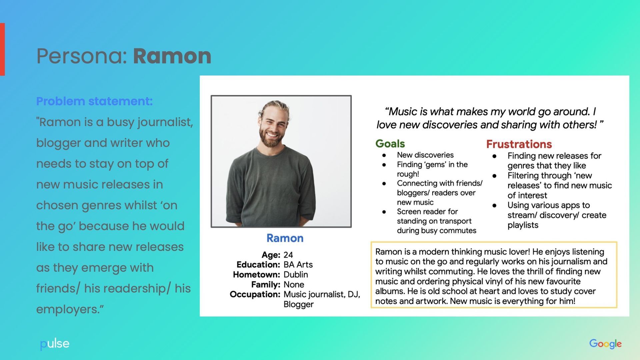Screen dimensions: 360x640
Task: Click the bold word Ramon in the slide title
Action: [x=172, y=56]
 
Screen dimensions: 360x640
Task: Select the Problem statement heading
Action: [x=94, y=101]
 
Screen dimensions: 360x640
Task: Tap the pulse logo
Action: [x=55, y=344]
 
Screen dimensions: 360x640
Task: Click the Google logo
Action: [x=605, y=344]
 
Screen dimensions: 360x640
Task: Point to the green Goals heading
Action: [x=390, y=144]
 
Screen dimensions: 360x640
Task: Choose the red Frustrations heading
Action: [x=519, y=144]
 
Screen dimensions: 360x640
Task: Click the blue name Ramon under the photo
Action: [x=285, y=238]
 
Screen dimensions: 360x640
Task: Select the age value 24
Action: [x=288, y=255]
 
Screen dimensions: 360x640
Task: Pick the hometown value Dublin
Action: [x=295, y=275]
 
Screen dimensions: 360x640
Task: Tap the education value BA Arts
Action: [x=298, y=265]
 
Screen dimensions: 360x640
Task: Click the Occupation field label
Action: [x=255, y=294]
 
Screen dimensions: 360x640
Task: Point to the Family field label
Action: [x=265, y=285]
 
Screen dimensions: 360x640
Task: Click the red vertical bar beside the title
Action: [x=2, y=49]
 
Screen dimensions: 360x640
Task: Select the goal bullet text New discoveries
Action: [x=425, y=155]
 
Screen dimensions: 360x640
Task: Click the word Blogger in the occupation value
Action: [x=298, y=304]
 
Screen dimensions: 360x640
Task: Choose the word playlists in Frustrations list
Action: [x=523, y=225]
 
